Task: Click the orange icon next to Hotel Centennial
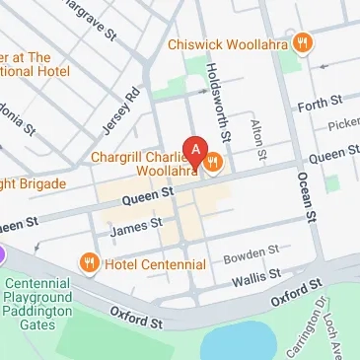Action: pyautogui.click(x=90, y=263)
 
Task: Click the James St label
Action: pyautogui.click(x=137, y=226)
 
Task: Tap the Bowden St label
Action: pyautogui.click(x=252, y=256)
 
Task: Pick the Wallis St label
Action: pyautogui.click(x=251, y=282)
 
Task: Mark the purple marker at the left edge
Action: pyautogui.click(x=3, y=254)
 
